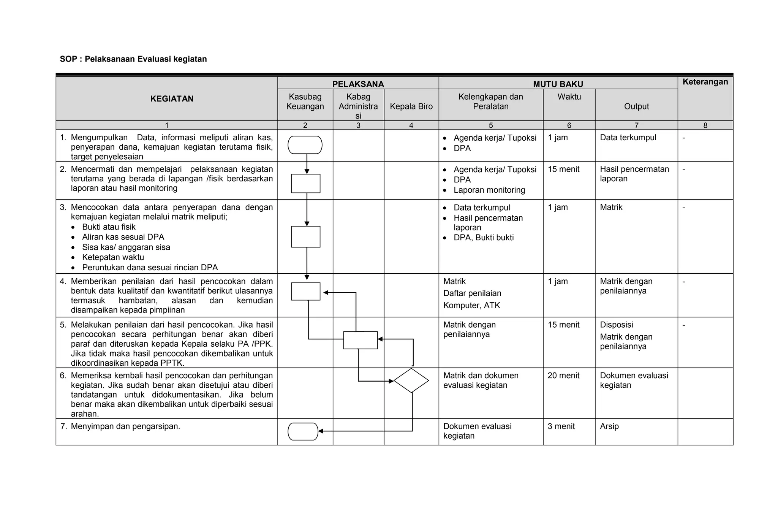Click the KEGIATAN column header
[172, 99]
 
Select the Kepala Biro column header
[411, 106]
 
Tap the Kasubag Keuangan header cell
[305, 101]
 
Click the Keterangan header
[705, 82]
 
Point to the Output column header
[636, 106]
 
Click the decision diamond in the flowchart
[411, 381]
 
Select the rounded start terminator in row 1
[305, 145]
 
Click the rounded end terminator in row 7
[303, 431]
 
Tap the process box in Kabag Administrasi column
[360, 340]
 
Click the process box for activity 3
[305, 236]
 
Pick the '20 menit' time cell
[563, 376]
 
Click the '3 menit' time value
[561, 427]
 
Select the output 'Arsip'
[609, 427]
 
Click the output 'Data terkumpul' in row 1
[628, 138]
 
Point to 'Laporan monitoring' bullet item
[489, 190]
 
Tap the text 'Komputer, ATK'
[471, 305]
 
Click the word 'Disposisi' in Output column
[616, 325]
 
